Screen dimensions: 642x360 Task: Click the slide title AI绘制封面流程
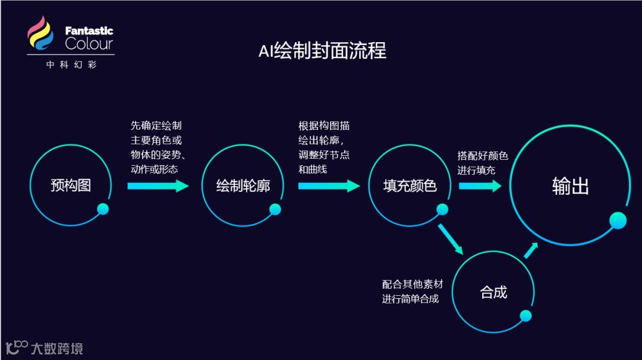[322, 50]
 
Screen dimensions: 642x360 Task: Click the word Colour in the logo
[89, 43]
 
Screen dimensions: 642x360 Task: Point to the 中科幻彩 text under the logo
[71, 65]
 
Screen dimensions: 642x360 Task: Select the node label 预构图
[71, 185]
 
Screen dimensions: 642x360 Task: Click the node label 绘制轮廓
[243, 186]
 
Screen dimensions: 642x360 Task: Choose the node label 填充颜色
[410, 186]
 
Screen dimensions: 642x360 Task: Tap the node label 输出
[570, 186]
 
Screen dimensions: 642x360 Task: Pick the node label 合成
[493, 292]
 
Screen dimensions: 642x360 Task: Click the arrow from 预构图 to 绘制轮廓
[158, 186]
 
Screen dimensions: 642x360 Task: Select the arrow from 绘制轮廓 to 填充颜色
[329, 186]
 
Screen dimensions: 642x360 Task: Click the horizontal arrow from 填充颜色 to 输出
[480, 186]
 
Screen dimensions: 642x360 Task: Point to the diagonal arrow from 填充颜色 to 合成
[450, 238]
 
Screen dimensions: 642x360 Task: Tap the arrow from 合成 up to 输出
[531, 250]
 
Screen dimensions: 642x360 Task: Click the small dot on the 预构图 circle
[103, 209]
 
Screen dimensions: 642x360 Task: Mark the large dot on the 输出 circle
[618, 221]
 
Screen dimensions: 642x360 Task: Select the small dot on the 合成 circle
[525, 316]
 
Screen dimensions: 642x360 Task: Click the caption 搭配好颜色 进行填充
[482, 163]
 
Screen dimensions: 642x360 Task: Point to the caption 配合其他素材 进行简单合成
[412, 292]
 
